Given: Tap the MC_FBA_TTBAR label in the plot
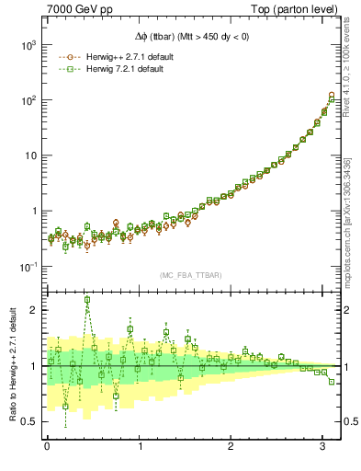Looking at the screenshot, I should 192,274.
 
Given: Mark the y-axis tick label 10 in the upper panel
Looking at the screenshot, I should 31,155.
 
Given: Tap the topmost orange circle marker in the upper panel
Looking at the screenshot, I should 332,95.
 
